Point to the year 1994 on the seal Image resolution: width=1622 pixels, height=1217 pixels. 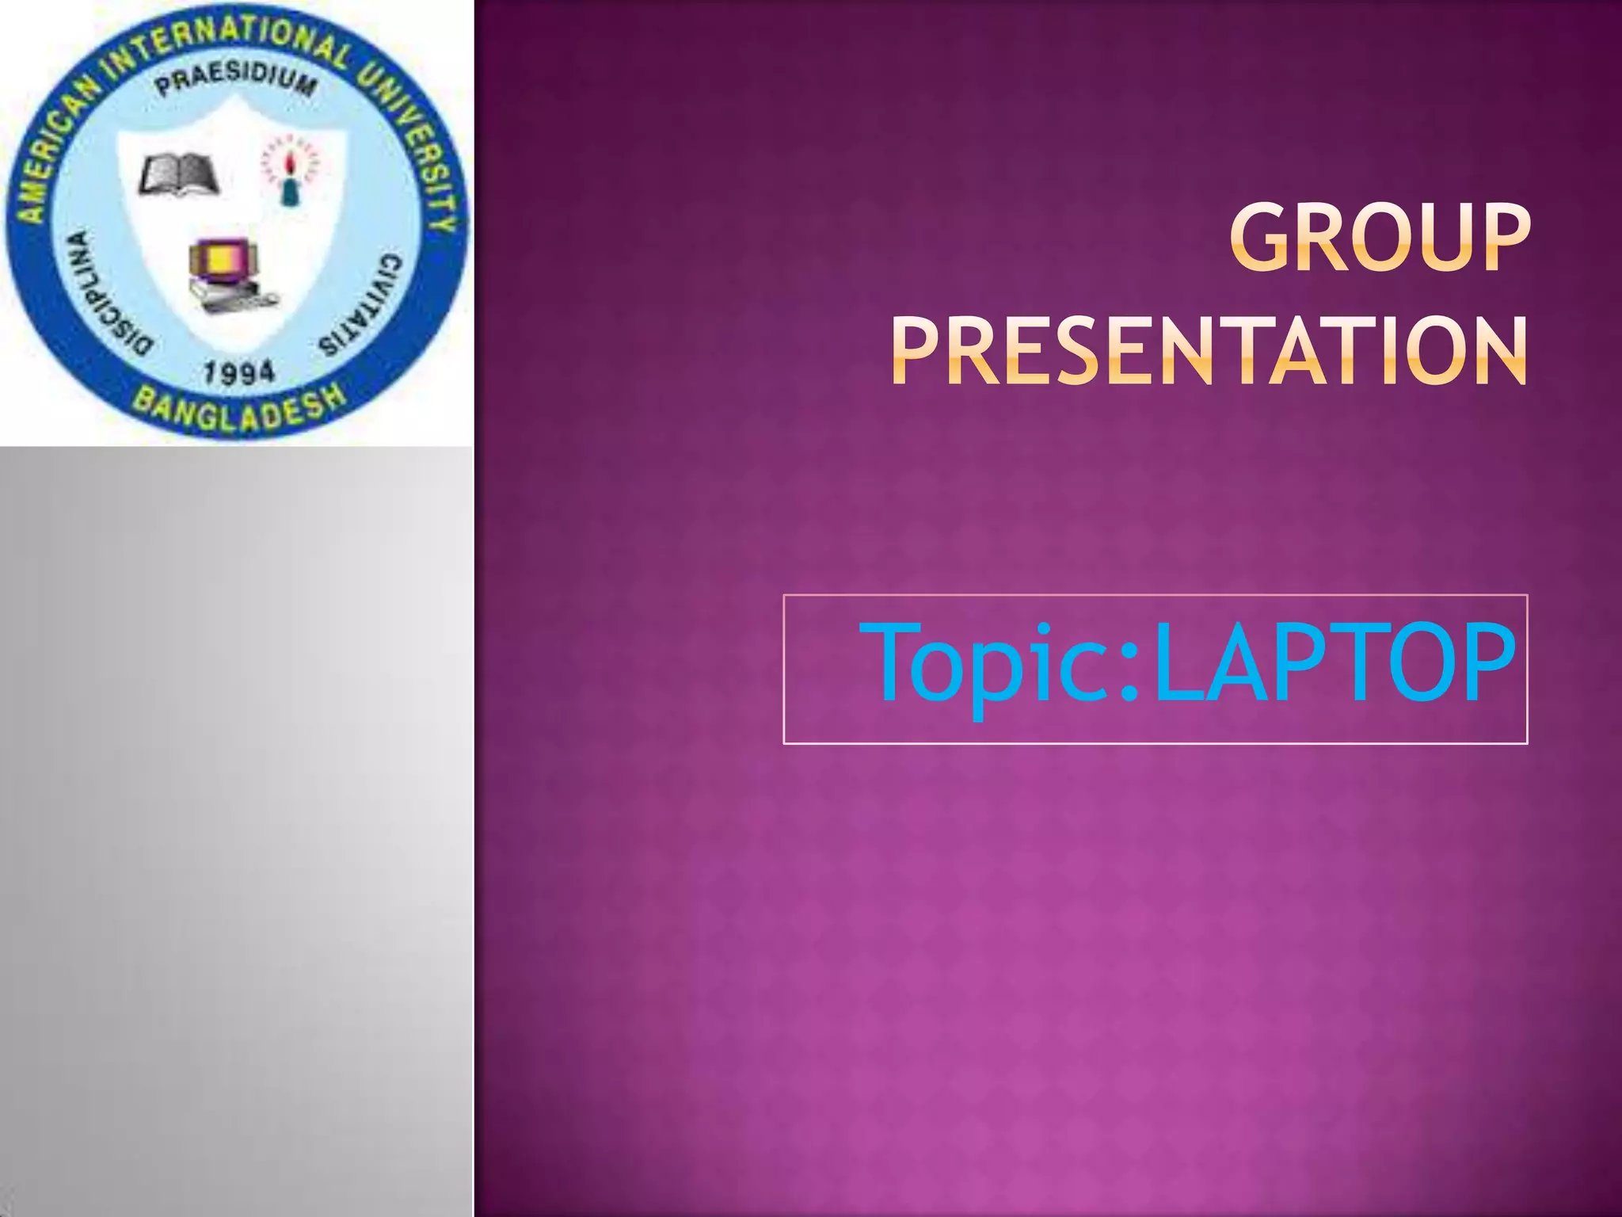tap(239, 372)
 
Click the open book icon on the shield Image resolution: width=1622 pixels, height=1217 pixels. tap(179, 174)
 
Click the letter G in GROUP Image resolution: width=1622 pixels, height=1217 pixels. tap(1266, 238)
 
